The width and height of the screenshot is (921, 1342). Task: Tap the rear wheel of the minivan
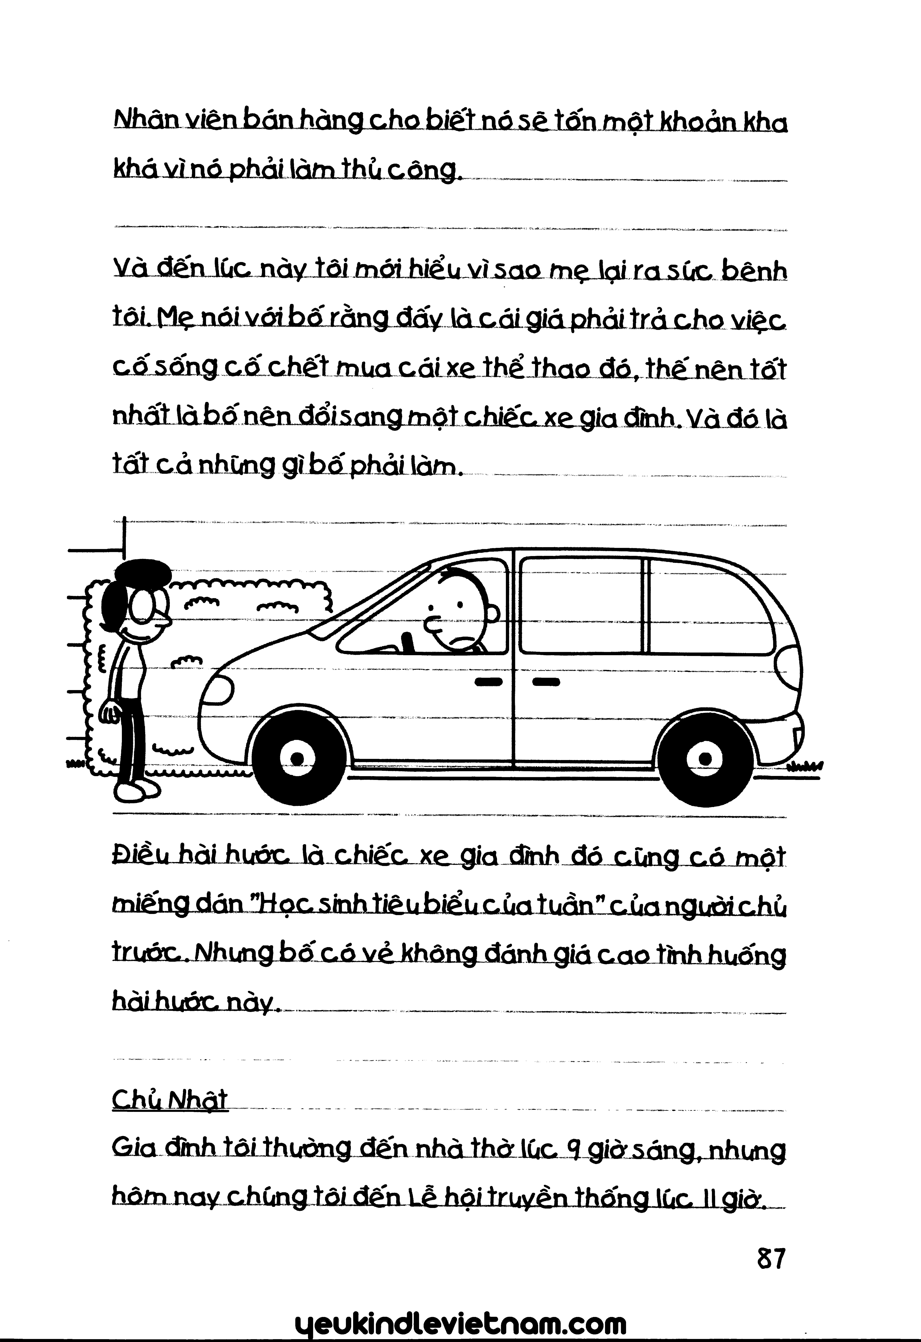[705, 757]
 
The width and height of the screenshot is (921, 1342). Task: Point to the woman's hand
[110, 713]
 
